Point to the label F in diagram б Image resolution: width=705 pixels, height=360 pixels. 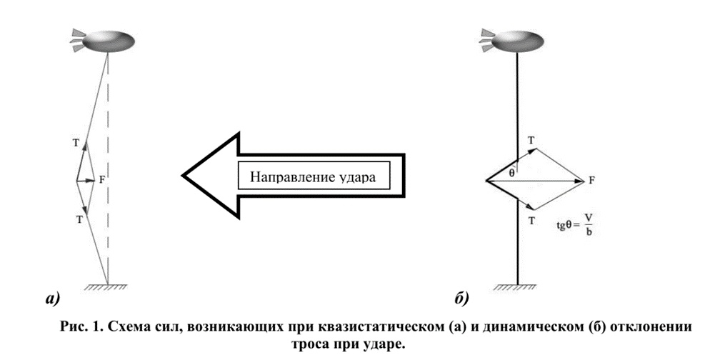(x=591, y=181)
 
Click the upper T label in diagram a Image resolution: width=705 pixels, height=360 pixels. (x=76, y=143)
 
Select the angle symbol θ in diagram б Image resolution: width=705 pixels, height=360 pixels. (x=511, y=172)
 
